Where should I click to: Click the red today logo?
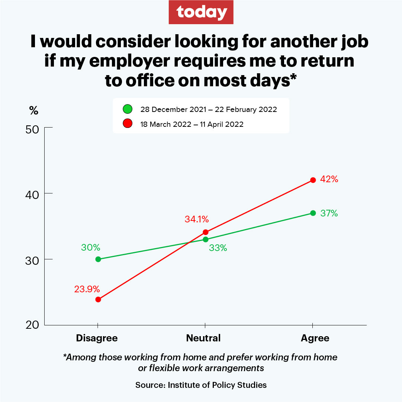201,12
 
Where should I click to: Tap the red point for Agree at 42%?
313,180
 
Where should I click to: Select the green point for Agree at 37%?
313,213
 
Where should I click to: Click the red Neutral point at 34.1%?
205,232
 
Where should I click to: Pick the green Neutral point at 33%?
205,239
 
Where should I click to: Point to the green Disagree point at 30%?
98,259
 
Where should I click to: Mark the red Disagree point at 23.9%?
98,299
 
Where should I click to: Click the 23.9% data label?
87,289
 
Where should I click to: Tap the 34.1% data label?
197,219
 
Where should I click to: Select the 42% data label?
329,179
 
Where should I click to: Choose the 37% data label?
329,213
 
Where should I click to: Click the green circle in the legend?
128,109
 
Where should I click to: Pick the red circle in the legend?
128,124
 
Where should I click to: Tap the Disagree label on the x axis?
97,338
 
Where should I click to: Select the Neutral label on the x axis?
203,338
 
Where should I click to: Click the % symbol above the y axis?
34,110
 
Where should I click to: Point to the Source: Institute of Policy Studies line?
201,385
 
